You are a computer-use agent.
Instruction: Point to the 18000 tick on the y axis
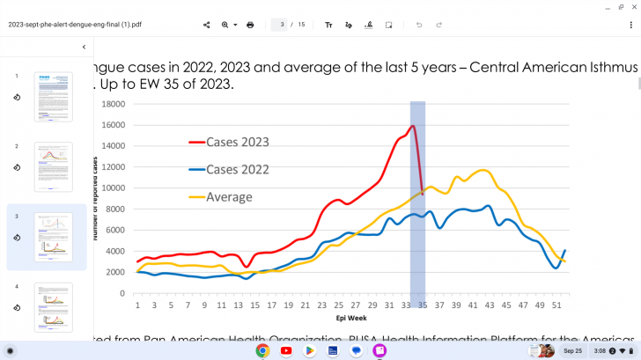point(112,104)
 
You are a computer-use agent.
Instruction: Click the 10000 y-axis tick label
point(112,188)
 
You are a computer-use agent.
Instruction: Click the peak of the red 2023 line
point(413,126)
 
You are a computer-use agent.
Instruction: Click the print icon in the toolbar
point(250,25)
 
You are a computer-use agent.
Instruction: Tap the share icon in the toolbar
point(206,25)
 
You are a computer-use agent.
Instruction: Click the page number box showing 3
point(283,25)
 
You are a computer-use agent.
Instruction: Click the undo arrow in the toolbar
point(419,25)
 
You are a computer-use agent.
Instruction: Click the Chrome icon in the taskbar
point(262,350)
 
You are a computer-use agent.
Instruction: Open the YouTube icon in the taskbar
point(286,350)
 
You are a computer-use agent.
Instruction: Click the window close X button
point(630,6)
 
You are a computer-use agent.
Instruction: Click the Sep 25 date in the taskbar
point(572,350)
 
